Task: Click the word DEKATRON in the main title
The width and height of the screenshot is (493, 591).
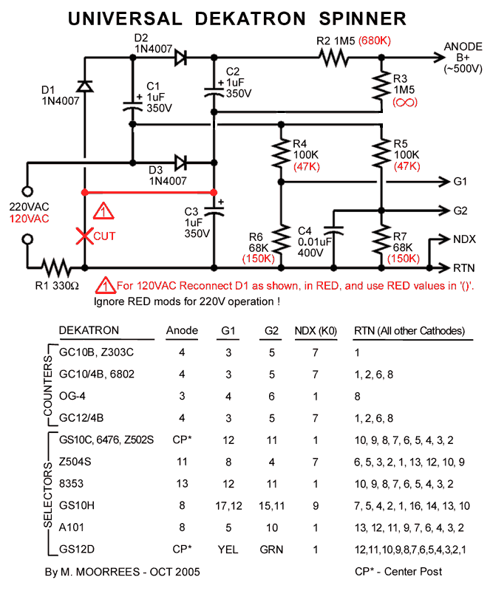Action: [250, 18]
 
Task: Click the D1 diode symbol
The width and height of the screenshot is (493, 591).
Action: [85, 86]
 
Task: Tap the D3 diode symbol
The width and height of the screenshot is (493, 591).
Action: [177, 161]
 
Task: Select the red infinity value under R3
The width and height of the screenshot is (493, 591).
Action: [399, 103]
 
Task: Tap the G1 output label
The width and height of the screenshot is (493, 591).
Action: [460, 181]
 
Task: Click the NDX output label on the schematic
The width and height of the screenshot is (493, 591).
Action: [464, 239]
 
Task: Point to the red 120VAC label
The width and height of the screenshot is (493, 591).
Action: [29, 219]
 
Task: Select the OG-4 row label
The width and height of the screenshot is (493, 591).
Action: [72, 395]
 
